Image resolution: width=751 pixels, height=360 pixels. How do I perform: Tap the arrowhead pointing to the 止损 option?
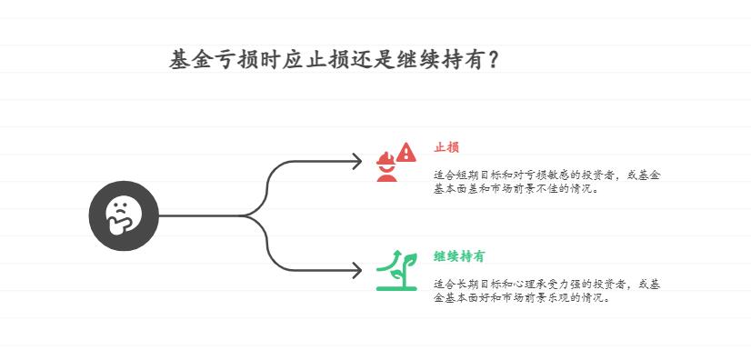coord(357,163)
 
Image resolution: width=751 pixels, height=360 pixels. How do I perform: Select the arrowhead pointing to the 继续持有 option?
coord(357,270)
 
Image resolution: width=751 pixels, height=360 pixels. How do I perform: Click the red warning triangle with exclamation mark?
coord(406,152)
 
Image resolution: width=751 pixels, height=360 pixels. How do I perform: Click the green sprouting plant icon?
coord(397,270)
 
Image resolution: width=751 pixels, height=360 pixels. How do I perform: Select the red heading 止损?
coord(446,147)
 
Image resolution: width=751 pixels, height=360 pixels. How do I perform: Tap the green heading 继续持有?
coord(459,256)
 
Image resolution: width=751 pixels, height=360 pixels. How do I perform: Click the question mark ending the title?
coord(492,61)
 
